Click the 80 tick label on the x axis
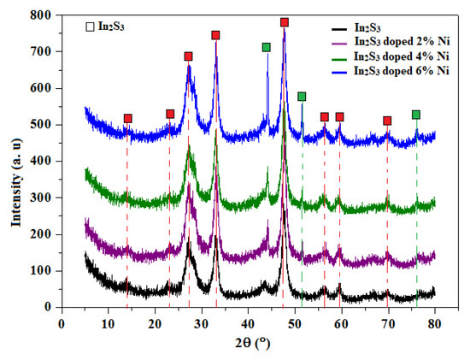click(434, 324)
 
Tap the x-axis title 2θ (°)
click(249, 345)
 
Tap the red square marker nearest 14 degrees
click(127, 119)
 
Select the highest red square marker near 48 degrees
click(285, 22)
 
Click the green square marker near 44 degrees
click(267, 47)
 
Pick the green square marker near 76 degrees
click(416, 115)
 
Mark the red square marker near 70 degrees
click(387, 121)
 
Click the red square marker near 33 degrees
click(215, 35)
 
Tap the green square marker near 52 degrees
click(302, 97)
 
